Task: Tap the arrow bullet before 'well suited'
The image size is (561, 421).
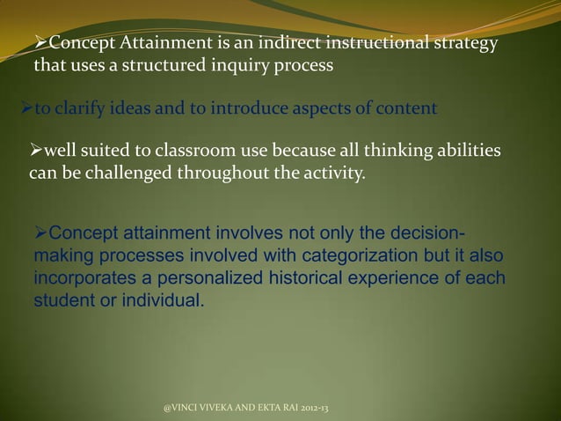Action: (35, 151)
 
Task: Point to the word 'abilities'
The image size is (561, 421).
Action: (467, 151)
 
